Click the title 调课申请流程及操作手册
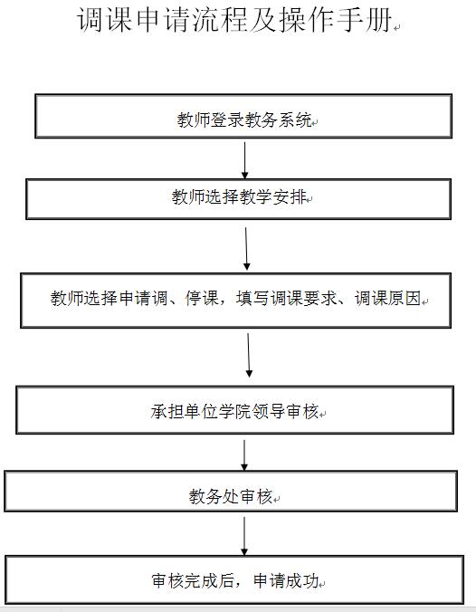tap(234, 20)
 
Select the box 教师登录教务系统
tap(243, 116)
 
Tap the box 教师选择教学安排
tap(238, 199)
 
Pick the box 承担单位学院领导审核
tap(235, 410)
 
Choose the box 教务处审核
tap(231, 491)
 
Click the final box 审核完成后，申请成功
tap(234, 580)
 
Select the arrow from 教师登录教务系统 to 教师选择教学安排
tap(245, 160)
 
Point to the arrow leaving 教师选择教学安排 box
tap(246, 249)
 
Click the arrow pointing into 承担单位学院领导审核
tap(249, 355)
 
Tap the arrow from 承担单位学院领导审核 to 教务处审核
tap(244, 455)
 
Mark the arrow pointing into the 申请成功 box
tap(244, 536)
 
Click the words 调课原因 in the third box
tap(388, 299)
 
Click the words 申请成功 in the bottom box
tap(286, 581)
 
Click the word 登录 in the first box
tap(227, 120)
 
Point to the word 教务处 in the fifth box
tap(214, 496)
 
